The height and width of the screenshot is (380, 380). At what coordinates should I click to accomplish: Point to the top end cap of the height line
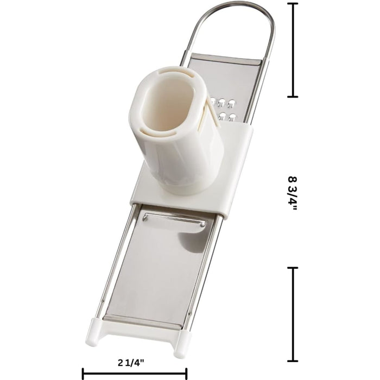tap(294, 4)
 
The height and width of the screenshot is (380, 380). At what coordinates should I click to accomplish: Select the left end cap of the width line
tap(83, 373)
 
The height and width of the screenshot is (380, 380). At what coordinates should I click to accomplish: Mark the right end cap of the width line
tap(186, 373)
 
